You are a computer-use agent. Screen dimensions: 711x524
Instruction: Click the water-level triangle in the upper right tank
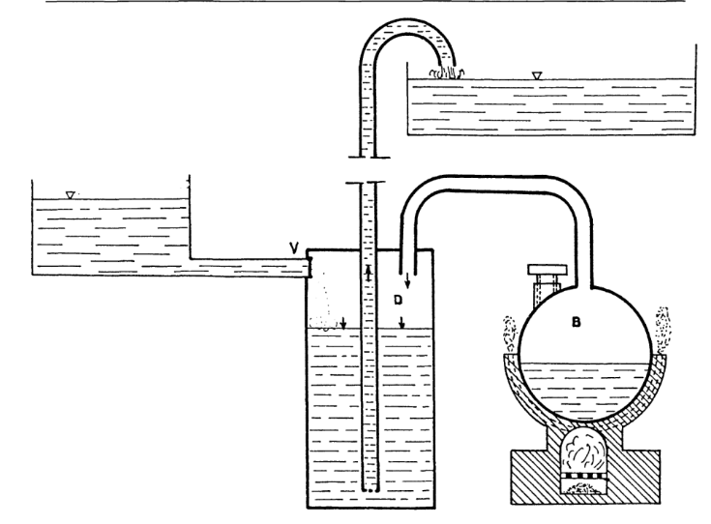pyautogui.click(x=537, y=73)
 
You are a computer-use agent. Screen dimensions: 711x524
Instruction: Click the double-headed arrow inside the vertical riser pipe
pyautogui.click(x=368, y=274)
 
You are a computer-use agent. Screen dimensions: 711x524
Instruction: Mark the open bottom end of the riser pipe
pyautogui.click(x=368, y=488)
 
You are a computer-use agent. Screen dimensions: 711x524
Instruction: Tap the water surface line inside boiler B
pyautogui.click(x=581, y=364)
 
